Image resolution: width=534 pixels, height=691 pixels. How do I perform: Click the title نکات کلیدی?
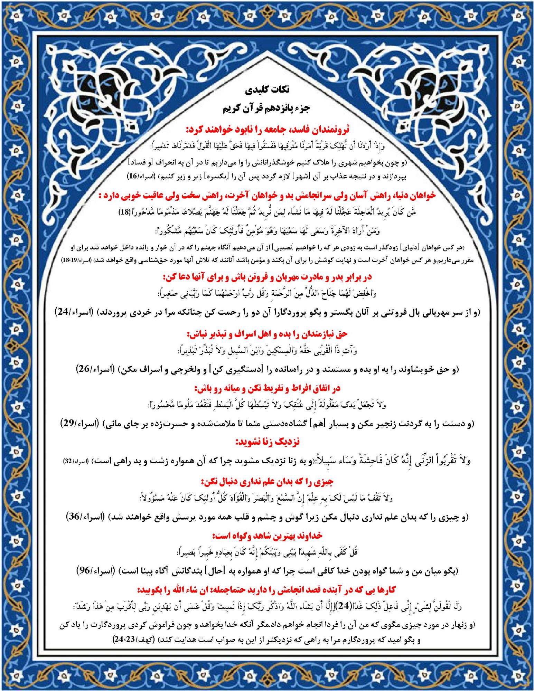click(267, 90)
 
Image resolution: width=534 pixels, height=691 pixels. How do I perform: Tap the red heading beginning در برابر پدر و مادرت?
click(267, 277)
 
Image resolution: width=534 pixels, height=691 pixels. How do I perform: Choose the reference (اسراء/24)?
click(74, 312)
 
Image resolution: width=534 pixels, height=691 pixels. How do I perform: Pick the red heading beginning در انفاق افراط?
click(267, 389)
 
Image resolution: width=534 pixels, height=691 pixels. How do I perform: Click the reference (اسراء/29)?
click(79, 423)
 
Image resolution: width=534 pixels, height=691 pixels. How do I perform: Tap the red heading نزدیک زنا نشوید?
click(267, 442)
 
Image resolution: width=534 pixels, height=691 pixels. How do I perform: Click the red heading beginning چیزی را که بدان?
click(267, 481)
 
